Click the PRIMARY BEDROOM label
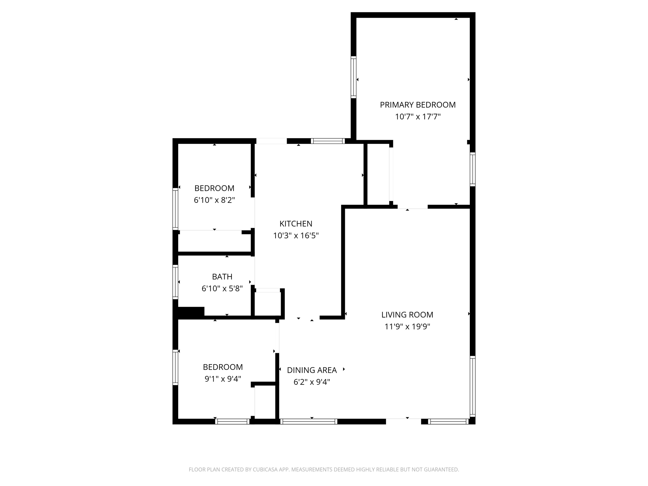point(418,105)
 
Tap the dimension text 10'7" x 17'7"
point(418,117)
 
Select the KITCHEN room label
point(296,224)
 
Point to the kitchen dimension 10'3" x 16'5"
point(296,236)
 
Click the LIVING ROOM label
point(407,315)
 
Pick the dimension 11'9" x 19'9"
point(407,327)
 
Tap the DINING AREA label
point(312,370)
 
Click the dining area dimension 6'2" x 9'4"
point(312,382)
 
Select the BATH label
point(222,277)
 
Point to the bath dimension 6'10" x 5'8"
point(222,289)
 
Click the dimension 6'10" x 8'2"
point(214,200)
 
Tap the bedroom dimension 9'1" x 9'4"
point(223,379)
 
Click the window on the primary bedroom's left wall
point(353,77)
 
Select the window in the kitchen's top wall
point(328,141)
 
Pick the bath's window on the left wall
point(175,282)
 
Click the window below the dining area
point(308,421)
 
